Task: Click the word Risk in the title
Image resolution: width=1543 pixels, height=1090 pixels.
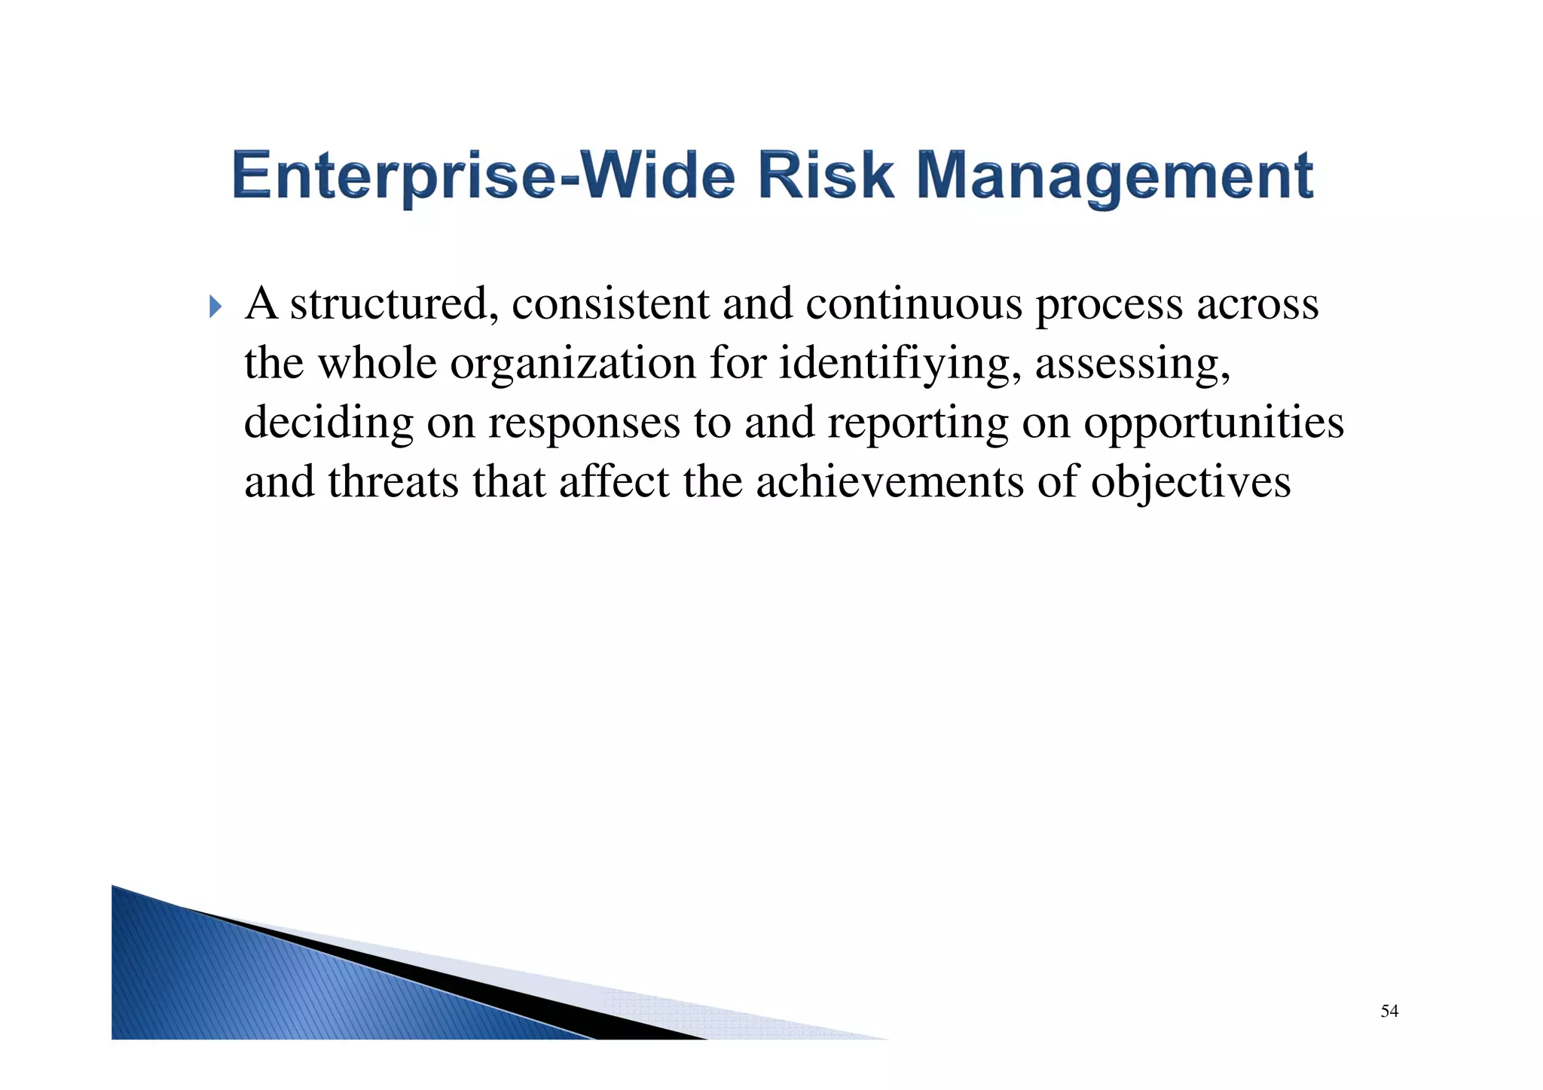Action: [826, 176]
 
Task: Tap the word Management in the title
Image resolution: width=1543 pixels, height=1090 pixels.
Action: [1115, 177]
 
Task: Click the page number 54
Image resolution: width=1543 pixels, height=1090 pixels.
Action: [1389, 1011]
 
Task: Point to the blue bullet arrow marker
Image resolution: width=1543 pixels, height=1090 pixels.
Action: [215, 307]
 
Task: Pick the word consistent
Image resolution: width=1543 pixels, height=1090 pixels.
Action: [610, 304]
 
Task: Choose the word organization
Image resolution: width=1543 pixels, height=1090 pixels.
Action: [573, 365]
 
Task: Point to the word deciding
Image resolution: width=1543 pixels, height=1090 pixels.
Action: [328, 423]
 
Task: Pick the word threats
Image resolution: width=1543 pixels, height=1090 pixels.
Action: [393, 482]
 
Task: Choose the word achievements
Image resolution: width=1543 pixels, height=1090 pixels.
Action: [890, 482]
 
